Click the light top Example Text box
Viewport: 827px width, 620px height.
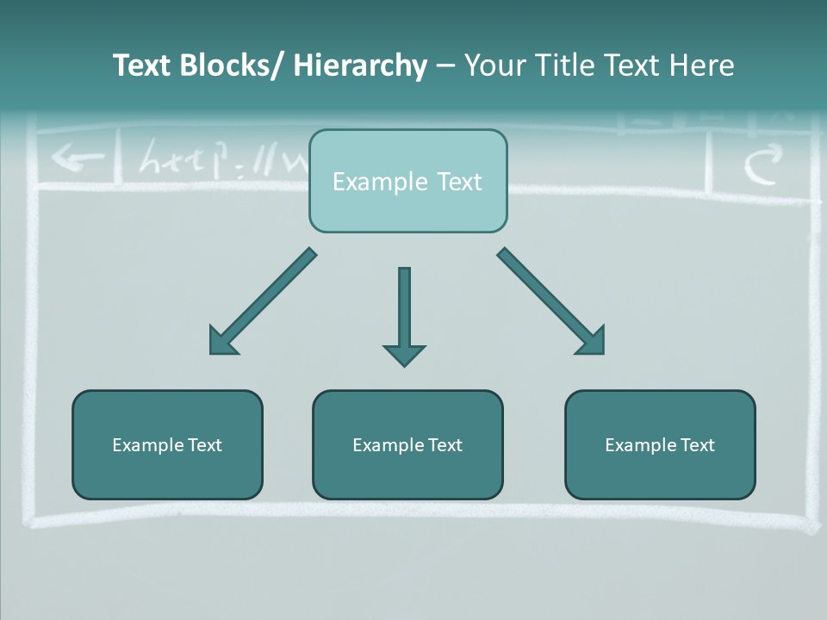[407, 181]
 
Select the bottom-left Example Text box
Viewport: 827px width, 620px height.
[167, 444]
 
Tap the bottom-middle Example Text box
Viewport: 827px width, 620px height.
[407, 444]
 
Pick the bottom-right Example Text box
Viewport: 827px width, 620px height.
[660, 444]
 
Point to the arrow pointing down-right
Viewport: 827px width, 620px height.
[551, 301]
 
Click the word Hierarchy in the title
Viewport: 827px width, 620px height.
[360, 65]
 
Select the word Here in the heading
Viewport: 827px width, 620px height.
[703, 65]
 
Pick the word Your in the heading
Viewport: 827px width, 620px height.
[494, 65]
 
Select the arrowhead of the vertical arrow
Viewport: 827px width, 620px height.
[404, 354]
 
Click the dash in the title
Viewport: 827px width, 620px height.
[445, 65]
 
